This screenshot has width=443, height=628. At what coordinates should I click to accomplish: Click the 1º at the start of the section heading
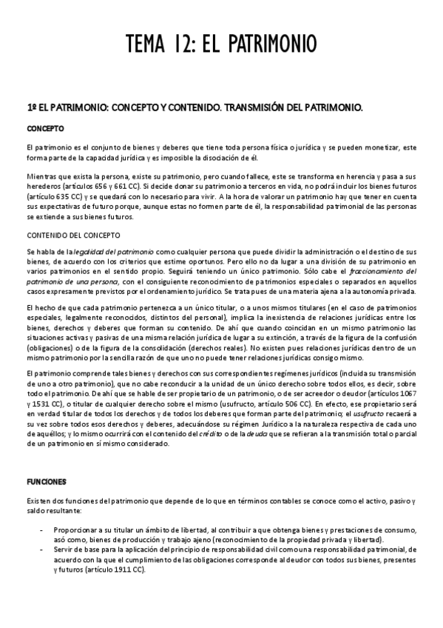30,108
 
